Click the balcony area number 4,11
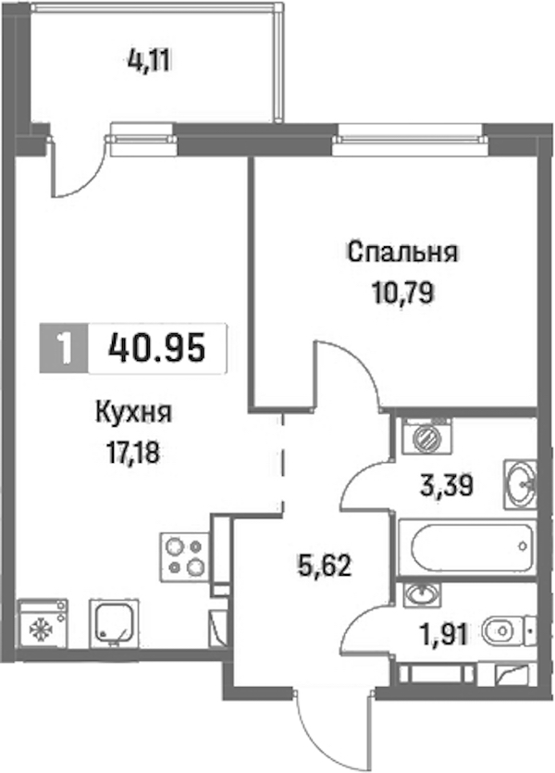click(x=148, y=62)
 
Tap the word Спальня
click(x=402, y=253)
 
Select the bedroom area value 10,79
click(x=402, y=293)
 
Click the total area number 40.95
click(x=155, y=347)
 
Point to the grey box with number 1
click(x=64, y=348)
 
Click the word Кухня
click(x=133, y=412)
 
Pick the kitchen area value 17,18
click(x=133, y=453)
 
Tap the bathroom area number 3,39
click(x=447, y=486)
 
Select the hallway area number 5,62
click(x=324, y=566)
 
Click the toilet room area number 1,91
click(x=443, y=633)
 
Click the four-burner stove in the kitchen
click(x=185, y=556)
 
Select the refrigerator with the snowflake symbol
click(x=43, y=623)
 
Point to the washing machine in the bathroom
click(x=426, y=436)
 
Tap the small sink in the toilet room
click(x=423, y=593)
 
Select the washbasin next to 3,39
click(x=520, y=484)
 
